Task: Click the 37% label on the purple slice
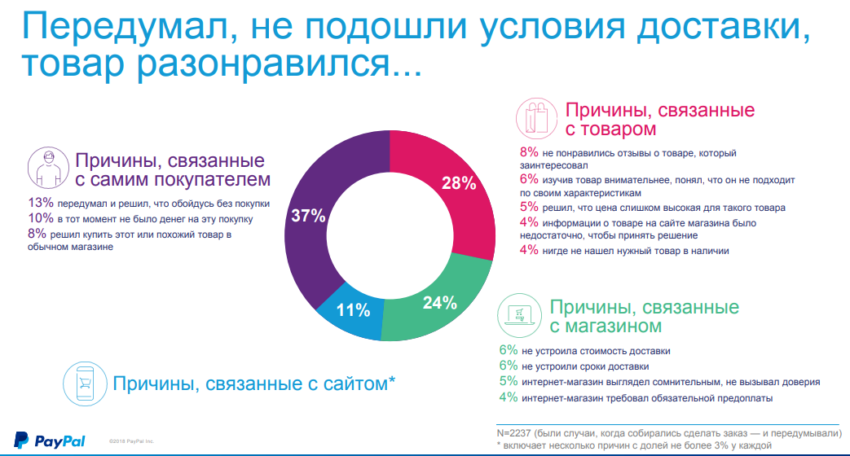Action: pyautogui.click(x=308, y=217)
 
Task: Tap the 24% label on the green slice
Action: pyautogui.click(x=439, y=303)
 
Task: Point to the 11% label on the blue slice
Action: pyautogui.click(x=353, y=310)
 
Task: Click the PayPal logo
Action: pyautogui.click(x=50, y=440)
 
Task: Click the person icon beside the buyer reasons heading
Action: pyautogui.click(x=48, y=168)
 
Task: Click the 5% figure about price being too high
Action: pyautogui.click(x=529, y=208)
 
